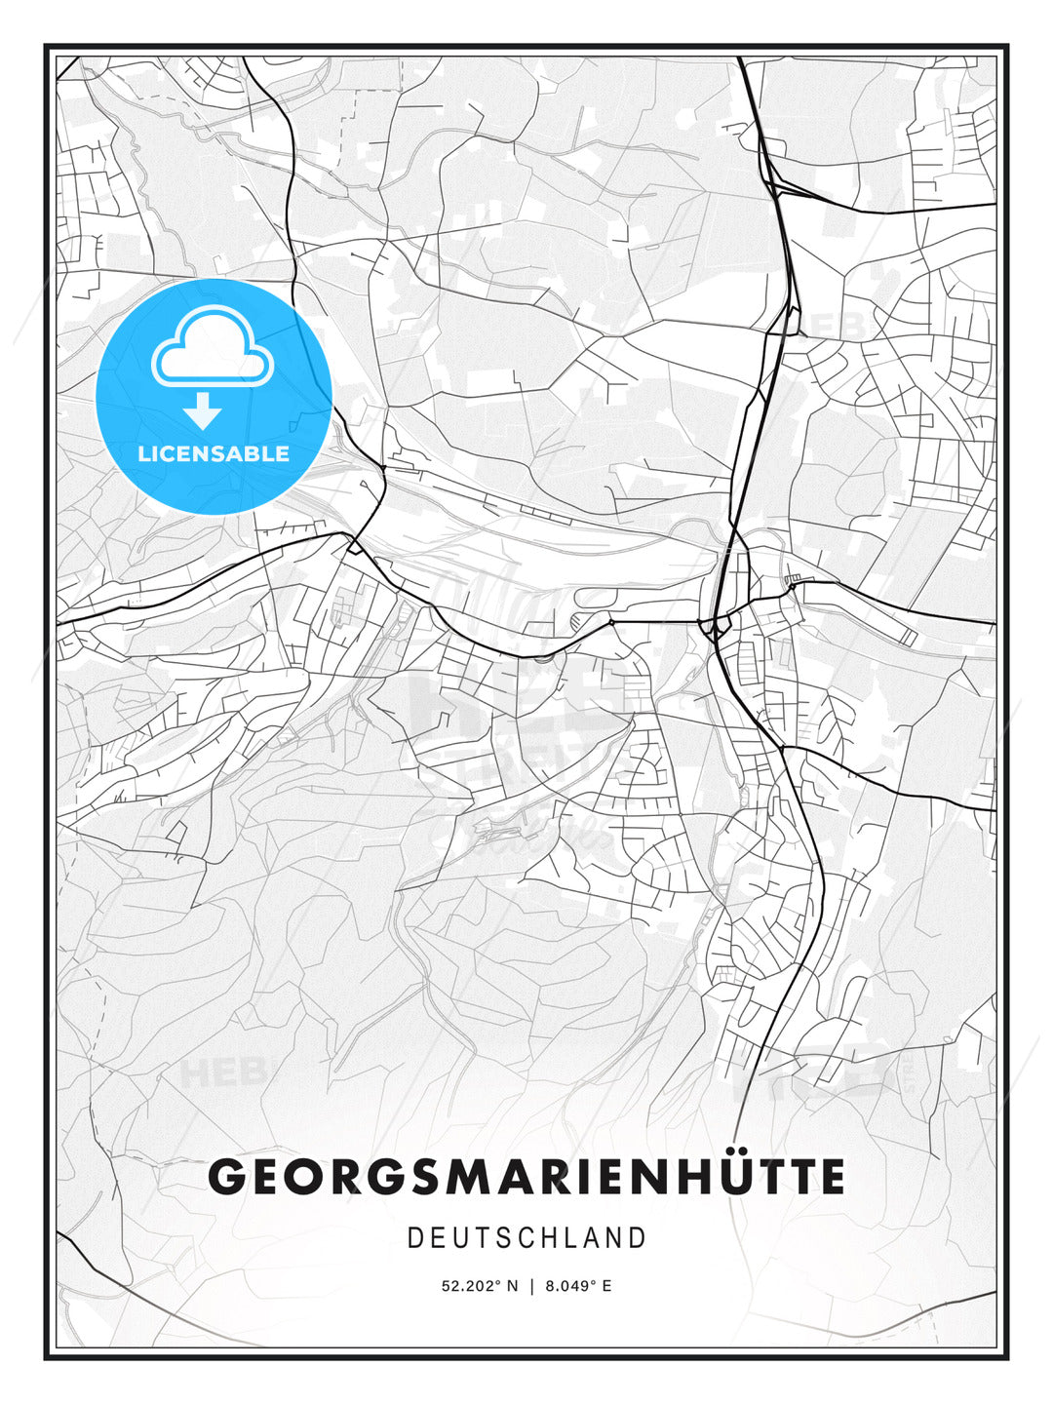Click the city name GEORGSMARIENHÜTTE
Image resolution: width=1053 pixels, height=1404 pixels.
point(526,1177)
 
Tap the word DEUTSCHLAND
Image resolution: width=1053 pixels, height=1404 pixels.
point(526,1238)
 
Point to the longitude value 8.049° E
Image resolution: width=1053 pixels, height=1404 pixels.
point(578,1286)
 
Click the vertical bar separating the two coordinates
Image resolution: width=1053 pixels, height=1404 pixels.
point(531,1286)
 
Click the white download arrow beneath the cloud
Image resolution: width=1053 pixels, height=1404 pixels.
point(203,410)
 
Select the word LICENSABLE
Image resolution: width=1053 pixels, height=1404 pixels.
point(214,453)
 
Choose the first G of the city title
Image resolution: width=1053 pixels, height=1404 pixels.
point(228,1177)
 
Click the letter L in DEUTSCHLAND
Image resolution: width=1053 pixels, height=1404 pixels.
point(565,1238)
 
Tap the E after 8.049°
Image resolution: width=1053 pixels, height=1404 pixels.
point(606,1286)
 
